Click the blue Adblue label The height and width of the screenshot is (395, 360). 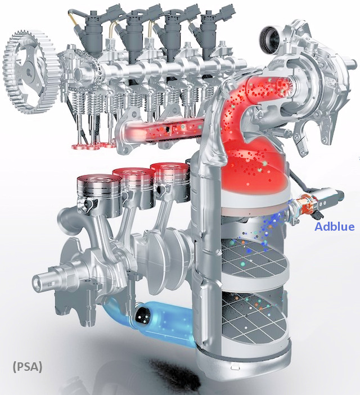pos(335,226)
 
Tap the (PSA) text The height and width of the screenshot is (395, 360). pos(28,366)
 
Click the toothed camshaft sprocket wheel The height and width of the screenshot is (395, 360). pos(28,72)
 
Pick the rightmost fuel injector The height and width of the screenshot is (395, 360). pos(210,32)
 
